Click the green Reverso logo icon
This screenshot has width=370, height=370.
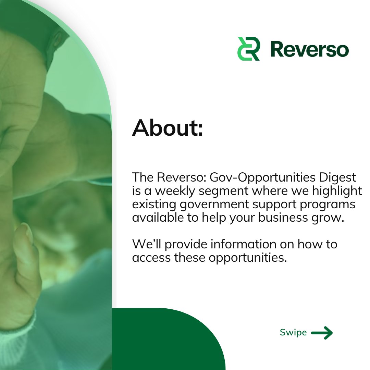[x=248, y=49]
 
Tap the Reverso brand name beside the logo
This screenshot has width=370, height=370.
[x=309, y=49]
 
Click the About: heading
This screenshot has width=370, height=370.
[x=168, y=128]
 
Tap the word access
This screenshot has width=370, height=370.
[x=151, y=258]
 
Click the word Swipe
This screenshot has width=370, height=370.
[x=293, y=332]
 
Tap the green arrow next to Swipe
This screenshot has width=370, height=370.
[x=322, y=332]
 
